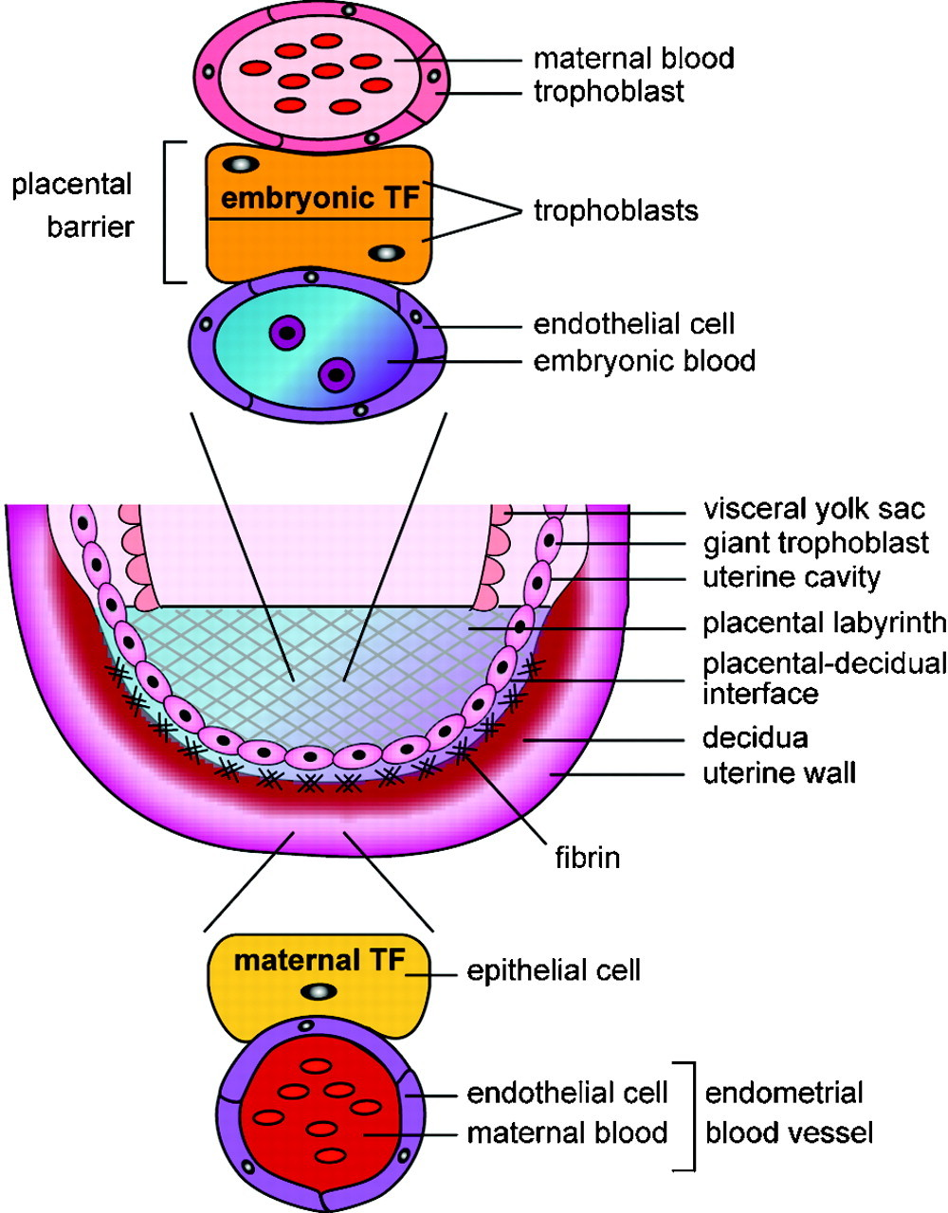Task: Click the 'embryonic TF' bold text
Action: pyautogui.click(x=319, y=201)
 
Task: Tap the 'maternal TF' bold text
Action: pyautogui.click(x=319, y=960)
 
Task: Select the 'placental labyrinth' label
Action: pyautogui.click(x=824, y=623)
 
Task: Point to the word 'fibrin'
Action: pyautogui.click(x=588, y=859)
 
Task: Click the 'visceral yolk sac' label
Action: pyautogui.click(x=813, y=509)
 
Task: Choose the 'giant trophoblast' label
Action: pyautogui.click(x=816, y=543)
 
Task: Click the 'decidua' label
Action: pyautogui.click(x=756, y=737)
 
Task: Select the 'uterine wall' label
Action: pyautogui.click(x=779, y=773)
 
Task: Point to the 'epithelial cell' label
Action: pyautogui.click(x=554, y=970)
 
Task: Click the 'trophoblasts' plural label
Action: pyautogui.click(x=616, y=209)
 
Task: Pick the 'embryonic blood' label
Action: pyautogui.click(x=645, y=361)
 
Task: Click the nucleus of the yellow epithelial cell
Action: pyautogui.click(x=319, y=992)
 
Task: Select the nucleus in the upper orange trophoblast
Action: pyautogui.click(x=244, y=164)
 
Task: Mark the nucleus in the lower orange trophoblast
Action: pyautogui.click(x=385, y=253)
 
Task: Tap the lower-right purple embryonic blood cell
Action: pyautogui.click(x=335, y=374)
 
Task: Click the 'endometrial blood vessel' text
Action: pyautogui.click(x=788, y=1113)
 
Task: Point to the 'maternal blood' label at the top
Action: pyautogui.click(x=633, y=59)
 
